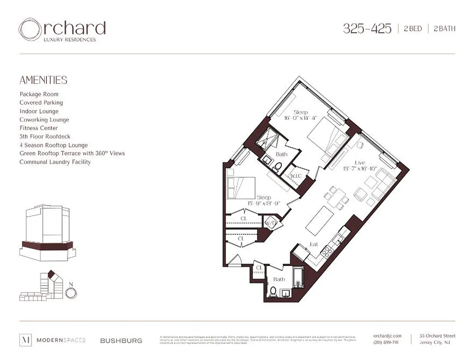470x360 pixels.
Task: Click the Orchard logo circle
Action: tap(30, 30)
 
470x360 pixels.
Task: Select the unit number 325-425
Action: tap(367, 29)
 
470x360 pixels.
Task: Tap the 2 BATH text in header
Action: tap(444, 29)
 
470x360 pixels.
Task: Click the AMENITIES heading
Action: tap(43, 80)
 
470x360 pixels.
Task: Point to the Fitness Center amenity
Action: tap(39, 128)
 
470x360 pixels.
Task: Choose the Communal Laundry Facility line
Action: tap(55, 162)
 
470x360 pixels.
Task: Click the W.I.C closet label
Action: tap(296, 175)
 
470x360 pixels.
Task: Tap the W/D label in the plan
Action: tap(270, 223)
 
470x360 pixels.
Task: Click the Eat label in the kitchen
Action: tap(314, 244)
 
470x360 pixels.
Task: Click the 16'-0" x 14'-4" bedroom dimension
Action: tap(301, 118)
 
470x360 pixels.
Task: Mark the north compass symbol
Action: tap(71, 292)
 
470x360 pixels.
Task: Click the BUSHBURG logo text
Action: tap(121, 341)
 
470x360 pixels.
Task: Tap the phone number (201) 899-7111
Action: tap(386, 342)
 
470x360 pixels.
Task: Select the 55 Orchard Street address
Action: tap(437, 336)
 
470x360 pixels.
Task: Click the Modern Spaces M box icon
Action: tap(25, 340)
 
